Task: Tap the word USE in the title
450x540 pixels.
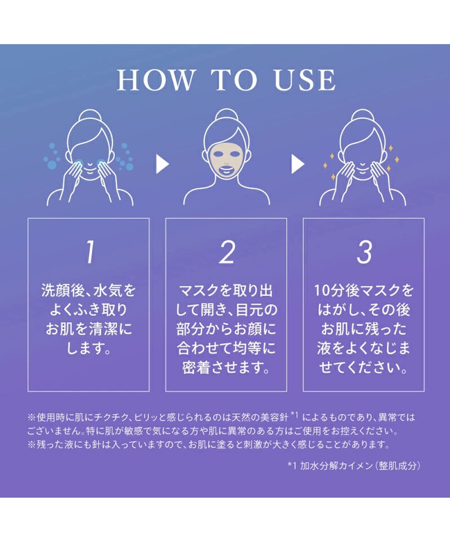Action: pyautogui.click(x=304, y=80)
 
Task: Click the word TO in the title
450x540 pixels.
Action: pyautogui.click(x=234, y=80)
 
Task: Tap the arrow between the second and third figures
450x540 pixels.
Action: pyautogui.click(x=298, y=164)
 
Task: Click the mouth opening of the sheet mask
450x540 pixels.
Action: pyautogui.click(x=227, y=170)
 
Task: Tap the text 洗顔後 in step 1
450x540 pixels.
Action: pyautogui.click(x=63, y=290)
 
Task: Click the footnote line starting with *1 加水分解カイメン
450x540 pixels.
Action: pyautogui.click(x=354, y=466)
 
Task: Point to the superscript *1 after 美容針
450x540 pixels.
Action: pyautogui.click(x=294, y=415)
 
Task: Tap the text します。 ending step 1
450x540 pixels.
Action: pyautogui.click(x=89, y=348)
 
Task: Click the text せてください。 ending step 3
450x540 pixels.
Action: pyautogui.click(x=363, y=368)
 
